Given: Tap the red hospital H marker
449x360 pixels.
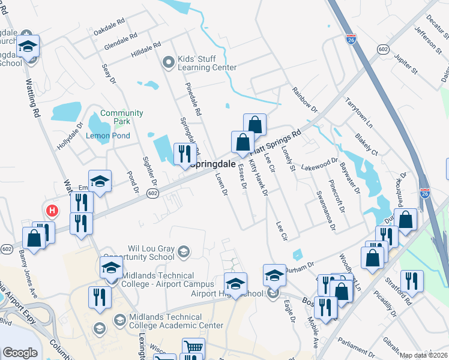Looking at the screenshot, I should click(52, 211).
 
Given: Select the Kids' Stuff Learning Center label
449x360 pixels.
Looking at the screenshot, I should click(208, 64).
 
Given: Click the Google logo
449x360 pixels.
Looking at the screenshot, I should click(20, 353).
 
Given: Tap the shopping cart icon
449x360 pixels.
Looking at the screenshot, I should click(193, 347).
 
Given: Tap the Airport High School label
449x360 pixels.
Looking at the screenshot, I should click(227, 293).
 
